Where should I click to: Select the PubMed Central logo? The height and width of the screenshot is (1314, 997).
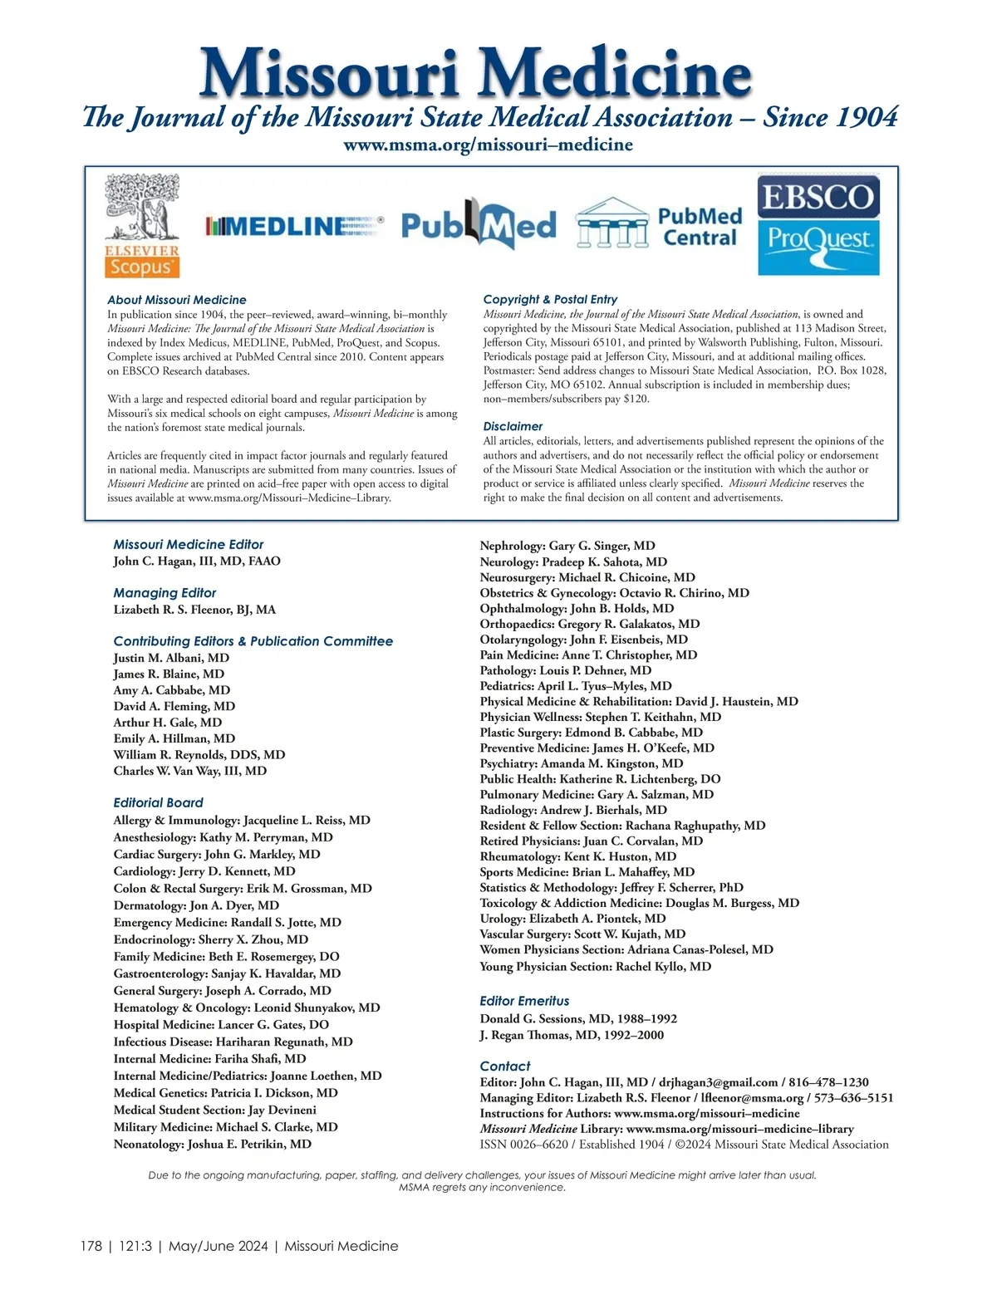(x=659, y=224)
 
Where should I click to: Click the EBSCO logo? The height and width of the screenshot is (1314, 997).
(x=818, y=197)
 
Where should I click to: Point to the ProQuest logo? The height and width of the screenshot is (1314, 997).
(x=818, y=246)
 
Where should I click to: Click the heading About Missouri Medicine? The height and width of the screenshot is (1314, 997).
(x=177, y=300)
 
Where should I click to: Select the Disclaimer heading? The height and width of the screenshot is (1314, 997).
(x=513, y=426)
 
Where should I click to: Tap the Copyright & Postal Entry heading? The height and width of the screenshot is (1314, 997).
(x=550, y=299)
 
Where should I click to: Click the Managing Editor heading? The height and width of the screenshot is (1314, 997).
(x=165, y=593)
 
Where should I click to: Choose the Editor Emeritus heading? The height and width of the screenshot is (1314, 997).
(x=524, y=1001)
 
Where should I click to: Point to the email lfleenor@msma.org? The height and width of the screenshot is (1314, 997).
(x=752, y=1097)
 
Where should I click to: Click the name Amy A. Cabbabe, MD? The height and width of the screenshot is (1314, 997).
(x=172, y=690)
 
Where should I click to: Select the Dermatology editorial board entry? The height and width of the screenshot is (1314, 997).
(x=196, y=905)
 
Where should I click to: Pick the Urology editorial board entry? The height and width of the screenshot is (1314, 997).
(x=572, y=919)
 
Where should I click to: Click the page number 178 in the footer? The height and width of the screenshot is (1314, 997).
(x=91, y=1246)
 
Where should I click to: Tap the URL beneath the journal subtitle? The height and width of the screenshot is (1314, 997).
(x=488, y=145)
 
